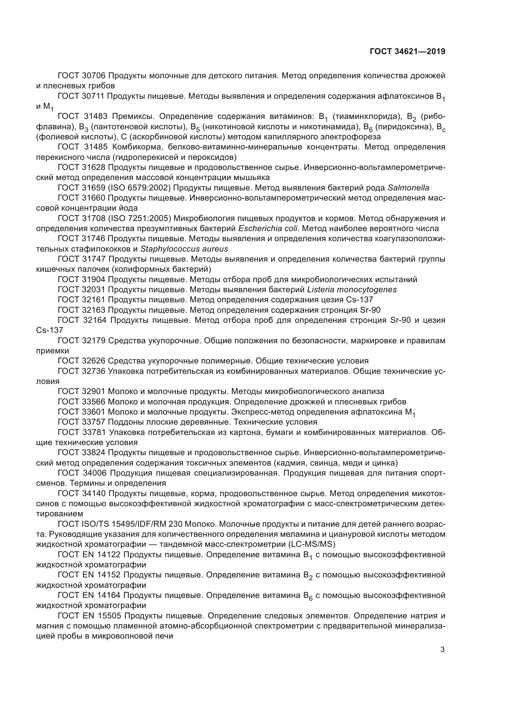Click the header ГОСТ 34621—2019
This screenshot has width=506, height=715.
407,51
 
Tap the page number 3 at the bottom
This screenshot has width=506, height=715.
442,650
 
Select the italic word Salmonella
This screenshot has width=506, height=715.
408,188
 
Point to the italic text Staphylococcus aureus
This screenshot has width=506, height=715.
184,249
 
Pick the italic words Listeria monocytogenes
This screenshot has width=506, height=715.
352,289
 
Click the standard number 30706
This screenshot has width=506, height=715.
95,76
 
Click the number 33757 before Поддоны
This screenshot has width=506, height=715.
95,422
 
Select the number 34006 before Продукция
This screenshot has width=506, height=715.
95,473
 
